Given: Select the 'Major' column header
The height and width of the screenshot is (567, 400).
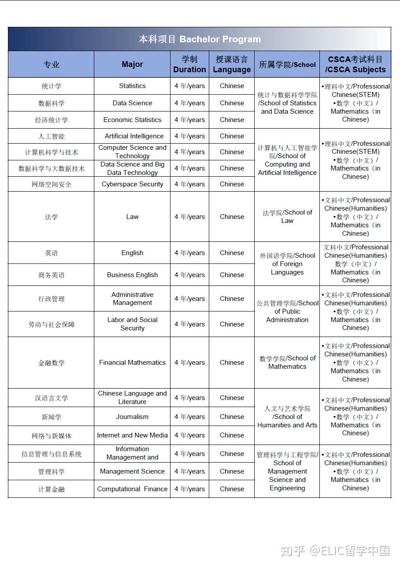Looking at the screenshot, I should pos(132,64).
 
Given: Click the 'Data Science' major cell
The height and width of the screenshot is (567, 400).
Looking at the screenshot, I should pos(132,103).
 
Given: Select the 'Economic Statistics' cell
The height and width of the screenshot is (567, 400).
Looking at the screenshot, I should pos(132,120).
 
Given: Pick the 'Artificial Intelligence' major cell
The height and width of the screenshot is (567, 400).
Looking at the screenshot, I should pos(134,136).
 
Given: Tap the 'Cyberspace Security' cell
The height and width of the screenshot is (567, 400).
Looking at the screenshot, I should pos(132,184).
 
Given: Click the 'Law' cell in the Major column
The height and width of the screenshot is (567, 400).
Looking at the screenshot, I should pos(132,217).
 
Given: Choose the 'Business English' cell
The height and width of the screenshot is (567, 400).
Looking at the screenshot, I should pos(132,275).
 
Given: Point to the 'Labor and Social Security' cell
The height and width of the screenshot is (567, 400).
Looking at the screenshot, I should pos(132,324).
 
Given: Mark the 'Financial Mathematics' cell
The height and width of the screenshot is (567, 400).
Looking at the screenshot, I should pos(132,363).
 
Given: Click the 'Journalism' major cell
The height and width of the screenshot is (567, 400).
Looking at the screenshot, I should pos(132,417).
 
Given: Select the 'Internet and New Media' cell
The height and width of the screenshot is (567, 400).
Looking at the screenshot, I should pos(132,435).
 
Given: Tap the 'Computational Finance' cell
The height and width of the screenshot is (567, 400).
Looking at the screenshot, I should pos(132,489).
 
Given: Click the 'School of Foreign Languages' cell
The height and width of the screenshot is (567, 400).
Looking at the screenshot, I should pos(287,264).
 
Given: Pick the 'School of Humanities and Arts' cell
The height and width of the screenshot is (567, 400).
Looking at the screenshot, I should pos(287,417).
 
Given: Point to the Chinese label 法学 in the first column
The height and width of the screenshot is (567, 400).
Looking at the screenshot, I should pos(51,217).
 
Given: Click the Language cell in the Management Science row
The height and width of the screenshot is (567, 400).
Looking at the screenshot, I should pos(232,471).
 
